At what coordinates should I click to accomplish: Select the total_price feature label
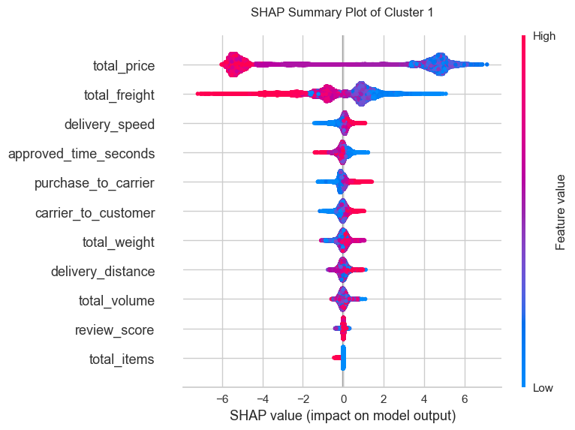click(x=124, y=66)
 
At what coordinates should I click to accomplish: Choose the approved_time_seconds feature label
click(x=81, y=154)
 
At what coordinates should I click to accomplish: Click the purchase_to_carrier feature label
click(x=95, y=183)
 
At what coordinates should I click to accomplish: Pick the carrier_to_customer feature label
click(x=95, y=213)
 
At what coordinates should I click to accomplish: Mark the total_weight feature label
click(x=119, y=242)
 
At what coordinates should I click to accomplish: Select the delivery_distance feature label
click(x=103, y=272)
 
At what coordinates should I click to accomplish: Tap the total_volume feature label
click(x=116, y=301)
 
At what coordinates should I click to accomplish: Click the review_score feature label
click(x=115, y=330)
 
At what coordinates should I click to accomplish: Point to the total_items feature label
click(x=120, y=359)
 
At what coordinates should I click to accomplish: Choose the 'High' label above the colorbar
click(x=543, y=35)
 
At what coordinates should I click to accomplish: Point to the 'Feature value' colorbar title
click(x=560, y=211)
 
